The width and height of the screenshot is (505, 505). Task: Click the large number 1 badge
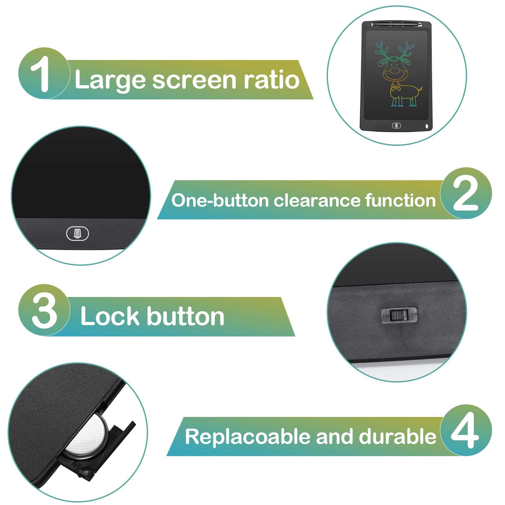click(x=44, y=73)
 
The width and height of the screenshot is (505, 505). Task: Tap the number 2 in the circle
click(x=466, y=193)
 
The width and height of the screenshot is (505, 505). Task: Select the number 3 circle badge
click(x=44, y=310)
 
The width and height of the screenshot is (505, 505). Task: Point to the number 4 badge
click(x=466, y=430)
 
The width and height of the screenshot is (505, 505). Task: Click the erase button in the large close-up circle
click(x=78, y=234)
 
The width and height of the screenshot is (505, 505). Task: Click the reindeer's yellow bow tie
click(x=395, y=86)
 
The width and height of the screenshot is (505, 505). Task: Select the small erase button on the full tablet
click(x=396, y=126)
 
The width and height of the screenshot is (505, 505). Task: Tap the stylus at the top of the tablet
click(x=396, y=24)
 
